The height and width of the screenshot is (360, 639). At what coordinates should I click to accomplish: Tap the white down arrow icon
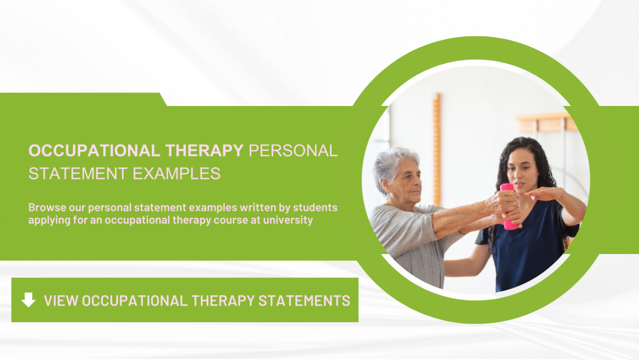click(28, 300)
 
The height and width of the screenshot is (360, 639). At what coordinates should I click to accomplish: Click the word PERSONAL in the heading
click(293, 151)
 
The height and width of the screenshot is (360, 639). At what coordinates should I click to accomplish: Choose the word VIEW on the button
click(61, 300)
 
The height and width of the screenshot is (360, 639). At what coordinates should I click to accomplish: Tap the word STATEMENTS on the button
click(304, 300)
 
